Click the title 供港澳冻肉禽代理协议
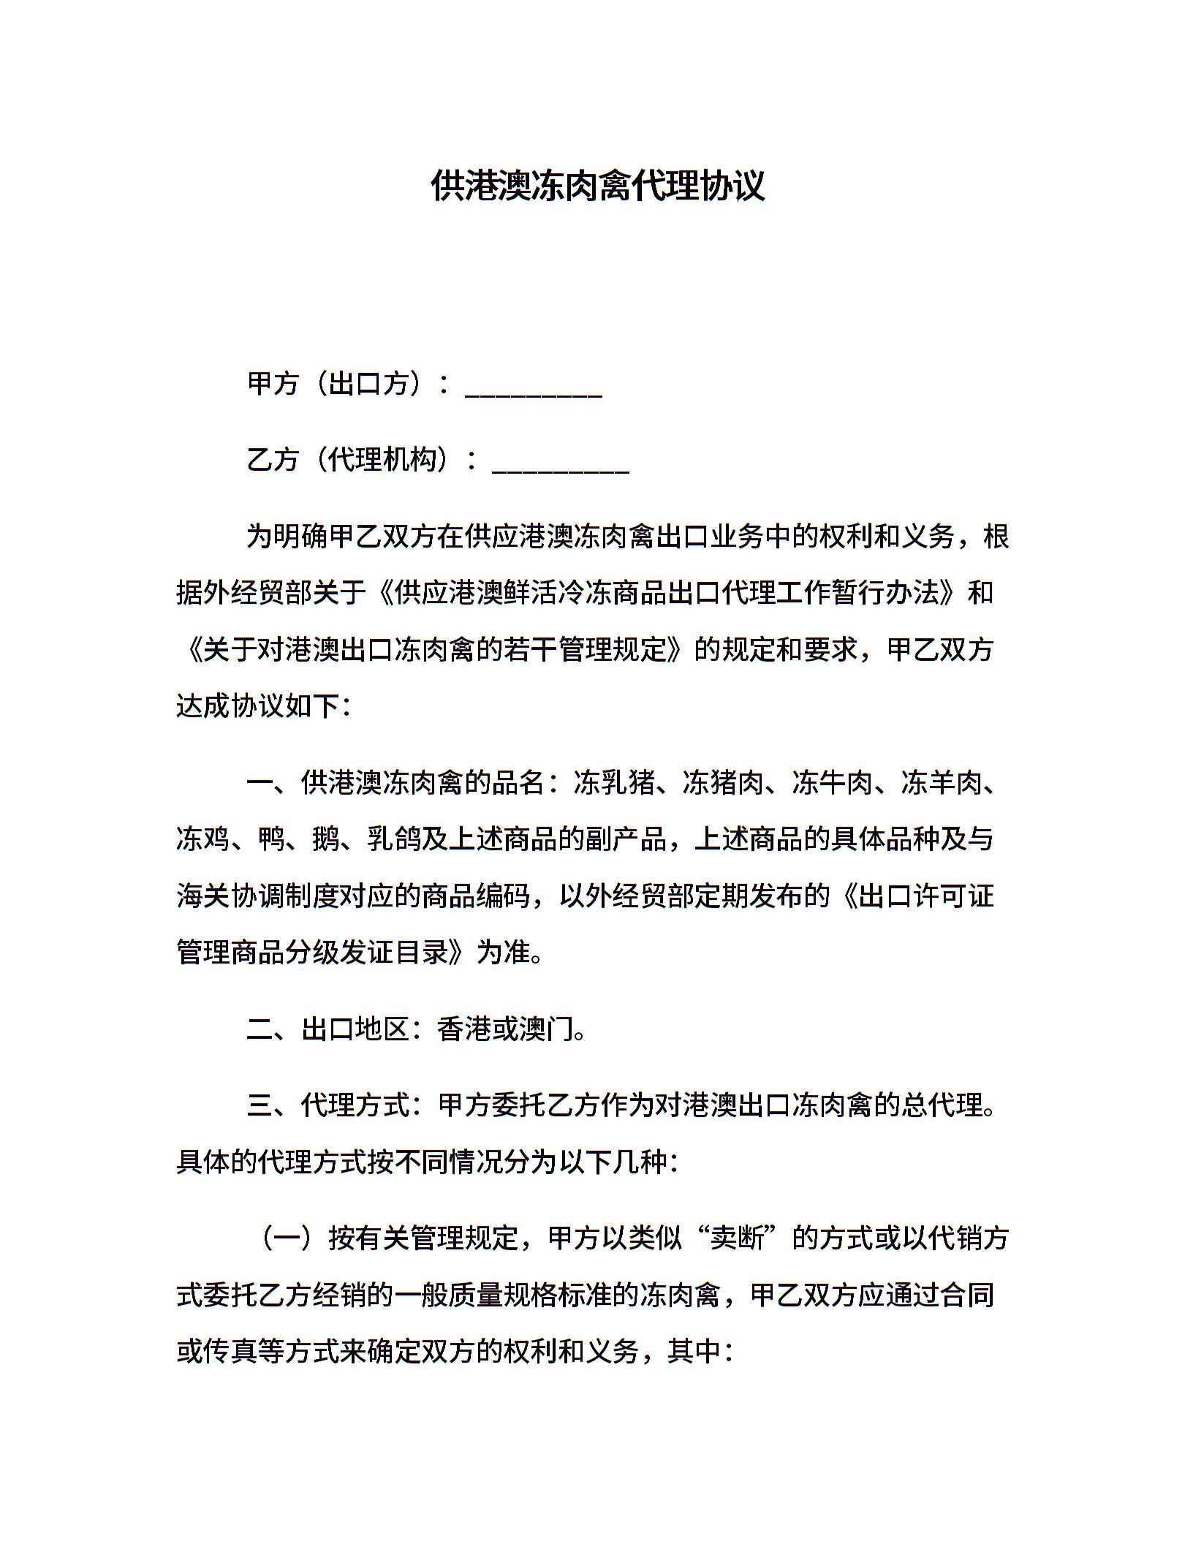coord(597,186)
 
